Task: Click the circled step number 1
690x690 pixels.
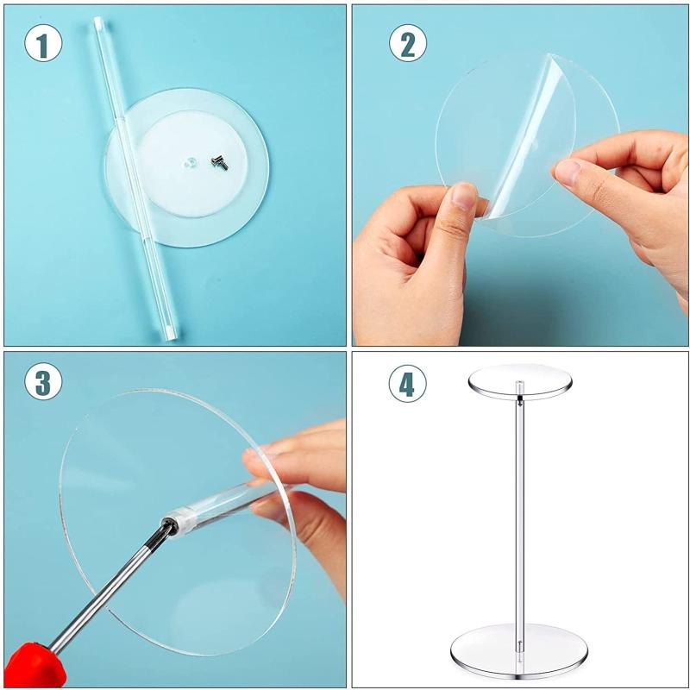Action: coord(43,42)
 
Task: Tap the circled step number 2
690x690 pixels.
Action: coord(407,42)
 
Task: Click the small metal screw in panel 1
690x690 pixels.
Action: coord(220,161)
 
